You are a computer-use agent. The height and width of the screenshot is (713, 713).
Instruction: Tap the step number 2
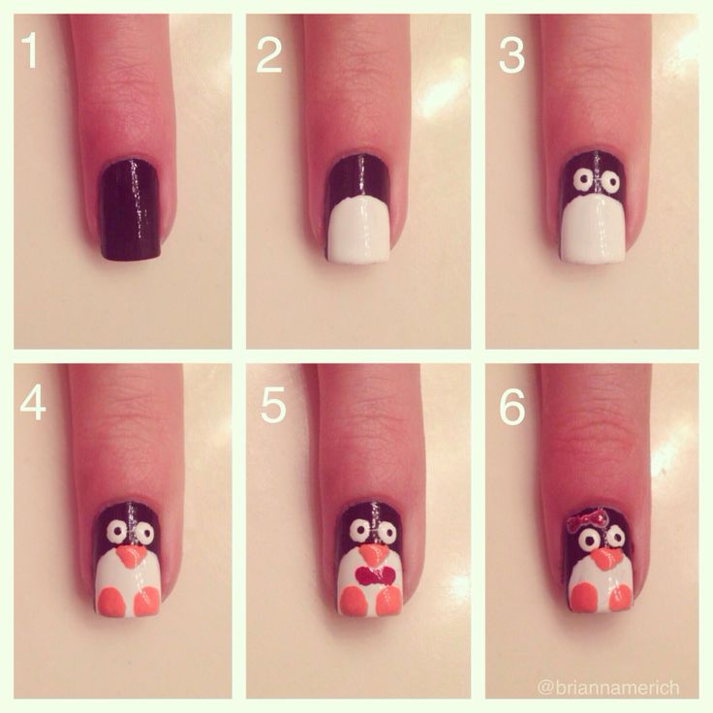(x=268, y=54)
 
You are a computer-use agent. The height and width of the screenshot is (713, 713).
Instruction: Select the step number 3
(x=511, y=54)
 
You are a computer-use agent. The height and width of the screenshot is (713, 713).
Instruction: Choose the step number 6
(x=512, y=408)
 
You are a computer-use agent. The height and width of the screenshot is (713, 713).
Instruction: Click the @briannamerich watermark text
(x=608, y=687)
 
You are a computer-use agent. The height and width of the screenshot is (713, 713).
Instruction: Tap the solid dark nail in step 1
(x=131, y=210)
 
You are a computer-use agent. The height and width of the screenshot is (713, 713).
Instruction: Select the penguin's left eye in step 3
(x=580, y=181)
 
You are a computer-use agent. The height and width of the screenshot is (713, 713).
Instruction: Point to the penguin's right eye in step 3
(x=610, y=182)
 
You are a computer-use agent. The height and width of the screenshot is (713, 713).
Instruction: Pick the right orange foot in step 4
(x=147, y=601)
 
